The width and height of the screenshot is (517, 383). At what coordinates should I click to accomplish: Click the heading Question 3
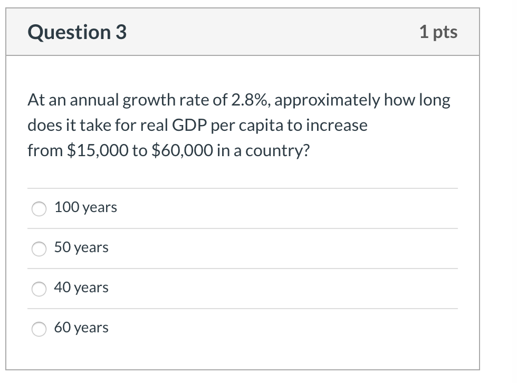[x=77, y=33]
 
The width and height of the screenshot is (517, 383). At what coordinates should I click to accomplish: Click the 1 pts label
[x=438, y=32]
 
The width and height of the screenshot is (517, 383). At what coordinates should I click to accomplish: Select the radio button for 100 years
[x=40, y=208]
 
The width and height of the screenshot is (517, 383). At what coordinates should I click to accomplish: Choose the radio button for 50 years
[x=40, y=248]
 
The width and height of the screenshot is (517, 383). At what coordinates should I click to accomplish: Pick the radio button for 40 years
[x=40, y=289]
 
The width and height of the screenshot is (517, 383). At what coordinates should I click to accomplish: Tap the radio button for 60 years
[x=40, y=329]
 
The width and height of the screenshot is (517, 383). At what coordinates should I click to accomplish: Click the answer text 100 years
[x=85, y=207]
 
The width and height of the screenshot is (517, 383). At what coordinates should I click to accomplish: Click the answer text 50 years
[x=81, y=247]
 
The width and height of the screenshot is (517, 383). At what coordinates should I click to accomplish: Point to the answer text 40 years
[x=81, y=288]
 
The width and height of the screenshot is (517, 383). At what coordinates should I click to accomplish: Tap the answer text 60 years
[x=81, y=328]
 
